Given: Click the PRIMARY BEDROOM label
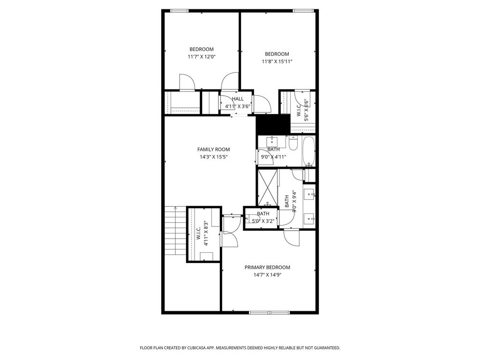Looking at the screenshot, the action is pos(267,267).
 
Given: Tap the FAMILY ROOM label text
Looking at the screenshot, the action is pos(213,150).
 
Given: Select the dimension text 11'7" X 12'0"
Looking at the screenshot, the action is pos(202,57).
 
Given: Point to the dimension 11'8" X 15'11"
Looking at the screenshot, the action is pos(277,61).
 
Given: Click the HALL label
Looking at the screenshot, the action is pos(238,99).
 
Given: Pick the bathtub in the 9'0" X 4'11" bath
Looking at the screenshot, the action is pos(308,151).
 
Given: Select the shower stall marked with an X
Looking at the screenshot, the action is pos(268,187).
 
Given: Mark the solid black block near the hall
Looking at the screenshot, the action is pos(273,124).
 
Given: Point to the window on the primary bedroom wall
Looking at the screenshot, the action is pos(270,313).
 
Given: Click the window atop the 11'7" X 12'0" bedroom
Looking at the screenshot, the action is pos(180,11).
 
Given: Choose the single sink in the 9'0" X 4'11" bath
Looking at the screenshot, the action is pos(272,142).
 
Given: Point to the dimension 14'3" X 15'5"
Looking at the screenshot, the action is pos(214,157).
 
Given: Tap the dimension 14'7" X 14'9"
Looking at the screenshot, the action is pos(268,275).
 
